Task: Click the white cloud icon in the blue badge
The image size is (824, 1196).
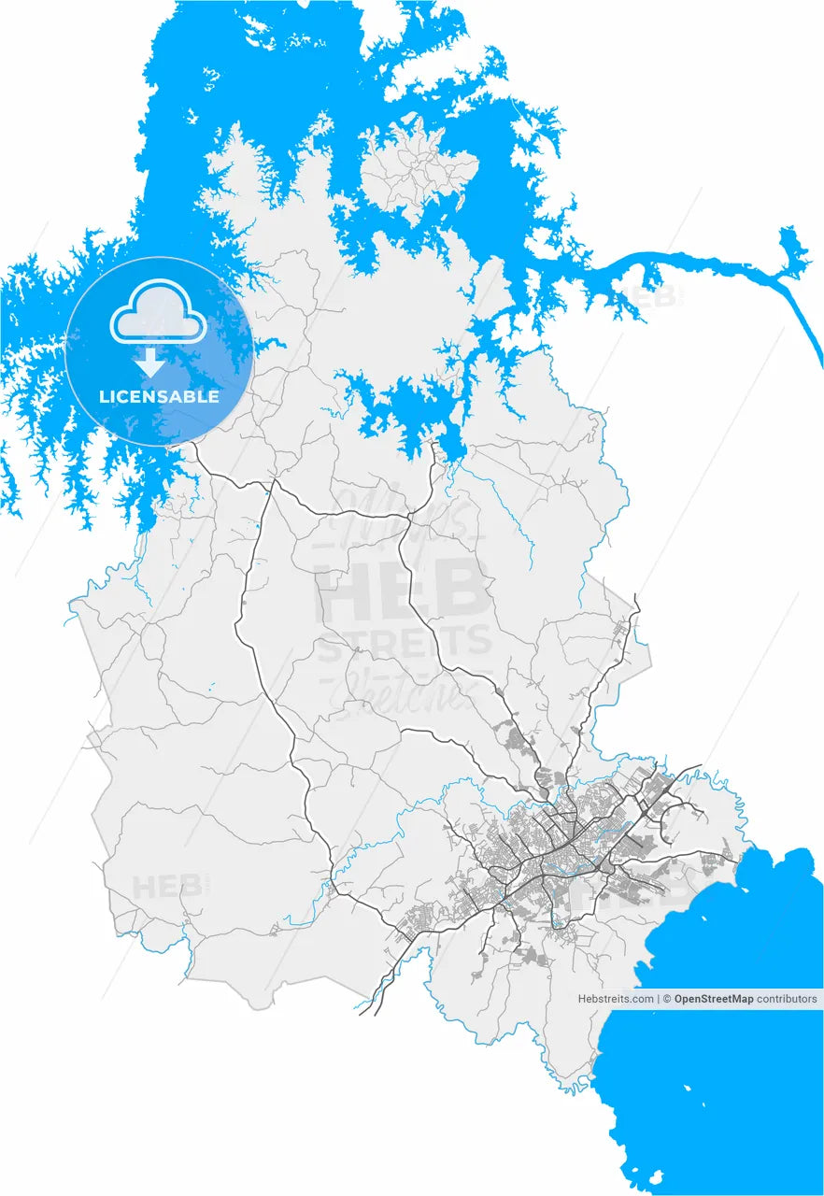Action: [159, 319]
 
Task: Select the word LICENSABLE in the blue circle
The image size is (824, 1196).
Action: [159, 396]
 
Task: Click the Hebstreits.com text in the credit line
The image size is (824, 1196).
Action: [616, 999]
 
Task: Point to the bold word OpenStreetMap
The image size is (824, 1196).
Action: [714, 999]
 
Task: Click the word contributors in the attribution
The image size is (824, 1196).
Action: [787, 999]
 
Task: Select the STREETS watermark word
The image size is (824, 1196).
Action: [404, 643]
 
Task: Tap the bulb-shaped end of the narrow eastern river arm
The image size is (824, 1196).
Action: [794, 248]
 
